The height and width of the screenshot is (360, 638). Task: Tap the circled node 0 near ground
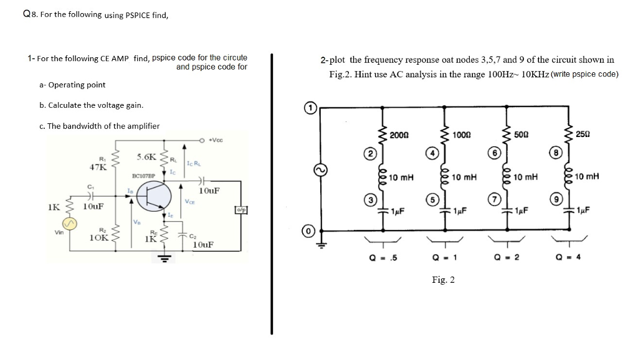point(308,232)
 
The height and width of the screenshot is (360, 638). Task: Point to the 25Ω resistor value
point(584,135)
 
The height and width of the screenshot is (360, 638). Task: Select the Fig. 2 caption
point(443,280)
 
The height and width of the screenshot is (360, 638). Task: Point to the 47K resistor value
point(98,166)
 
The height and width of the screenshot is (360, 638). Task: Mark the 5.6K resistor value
point(146,155)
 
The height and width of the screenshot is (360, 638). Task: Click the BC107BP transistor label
point(143,177)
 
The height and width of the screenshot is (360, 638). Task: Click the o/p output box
point(240,210)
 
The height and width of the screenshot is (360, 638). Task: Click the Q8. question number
point(29,14)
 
